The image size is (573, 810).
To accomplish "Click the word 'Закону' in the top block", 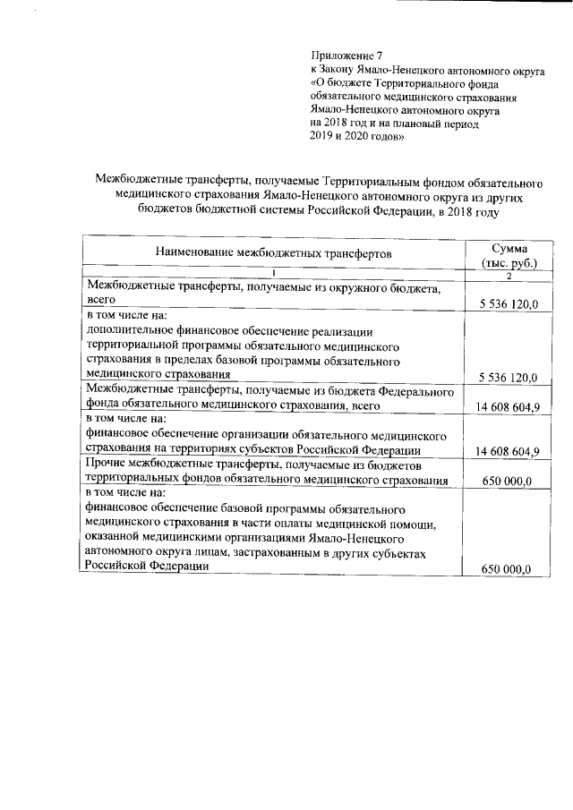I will (x=338, y=69).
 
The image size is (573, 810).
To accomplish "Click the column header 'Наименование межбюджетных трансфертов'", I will (x=274, y=253).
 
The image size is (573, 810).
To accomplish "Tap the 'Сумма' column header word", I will (x=509, y=247).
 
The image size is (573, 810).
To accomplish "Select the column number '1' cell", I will (x=274, y=273).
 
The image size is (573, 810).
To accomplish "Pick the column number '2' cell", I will (x=509, y=273).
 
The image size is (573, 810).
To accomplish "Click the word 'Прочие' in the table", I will (x=105, y=465).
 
